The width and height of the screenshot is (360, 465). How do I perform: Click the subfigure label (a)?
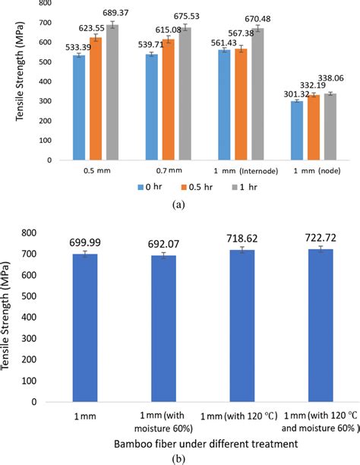(x=179, y=204)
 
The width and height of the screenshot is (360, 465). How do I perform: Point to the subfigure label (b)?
(x=179, y=457)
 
